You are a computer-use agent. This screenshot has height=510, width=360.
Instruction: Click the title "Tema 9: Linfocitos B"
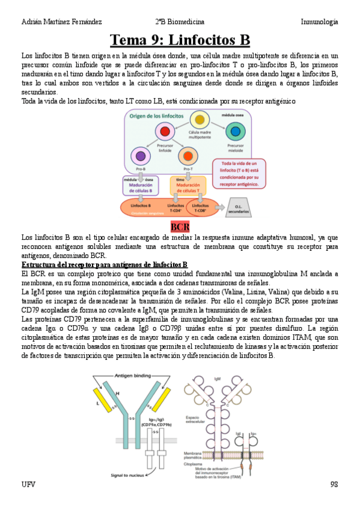click(180, 40)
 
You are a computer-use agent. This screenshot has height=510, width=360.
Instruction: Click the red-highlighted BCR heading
click(180, 227)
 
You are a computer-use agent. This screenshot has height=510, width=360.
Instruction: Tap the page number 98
click(334, 484)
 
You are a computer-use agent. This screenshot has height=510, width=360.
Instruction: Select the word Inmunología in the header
click(319, 22)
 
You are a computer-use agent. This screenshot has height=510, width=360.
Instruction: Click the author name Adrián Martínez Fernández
click(61, 22)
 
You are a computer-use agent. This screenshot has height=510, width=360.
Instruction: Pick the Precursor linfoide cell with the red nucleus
click(163, 131)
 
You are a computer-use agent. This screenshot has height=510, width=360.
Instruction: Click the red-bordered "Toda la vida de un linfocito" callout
click(239, 174)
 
